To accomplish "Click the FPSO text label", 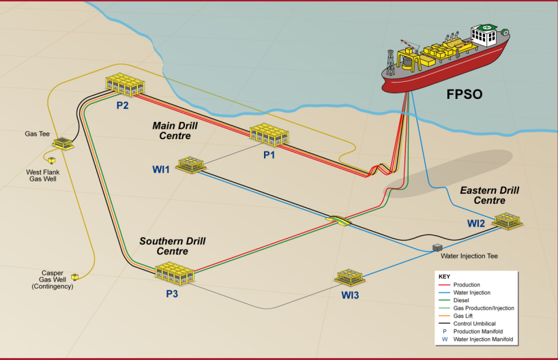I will pyautogui.click(x=464, y=93).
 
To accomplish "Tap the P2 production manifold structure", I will pyautogui.click(x=126, y=85).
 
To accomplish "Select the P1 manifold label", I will pyautogui.click(x=269, y=155).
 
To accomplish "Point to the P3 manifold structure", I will pyautogui.click(x=175, y=273).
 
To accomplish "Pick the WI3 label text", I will pyautogui.click(x=350, y=295).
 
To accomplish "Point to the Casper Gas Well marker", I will pyautogui.click(x=75, y=276).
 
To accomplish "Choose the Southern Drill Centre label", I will pyautogui.click(x=172, y=246).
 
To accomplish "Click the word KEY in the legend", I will pyautogui.click(x=444, y=276).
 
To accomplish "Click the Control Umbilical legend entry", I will pyautogui.click(x=482, y=323).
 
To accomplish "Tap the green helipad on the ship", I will pyautogui.click(x=486, y=28).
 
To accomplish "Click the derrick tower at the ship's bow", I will pyautogui.click(x=391, y=61).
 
